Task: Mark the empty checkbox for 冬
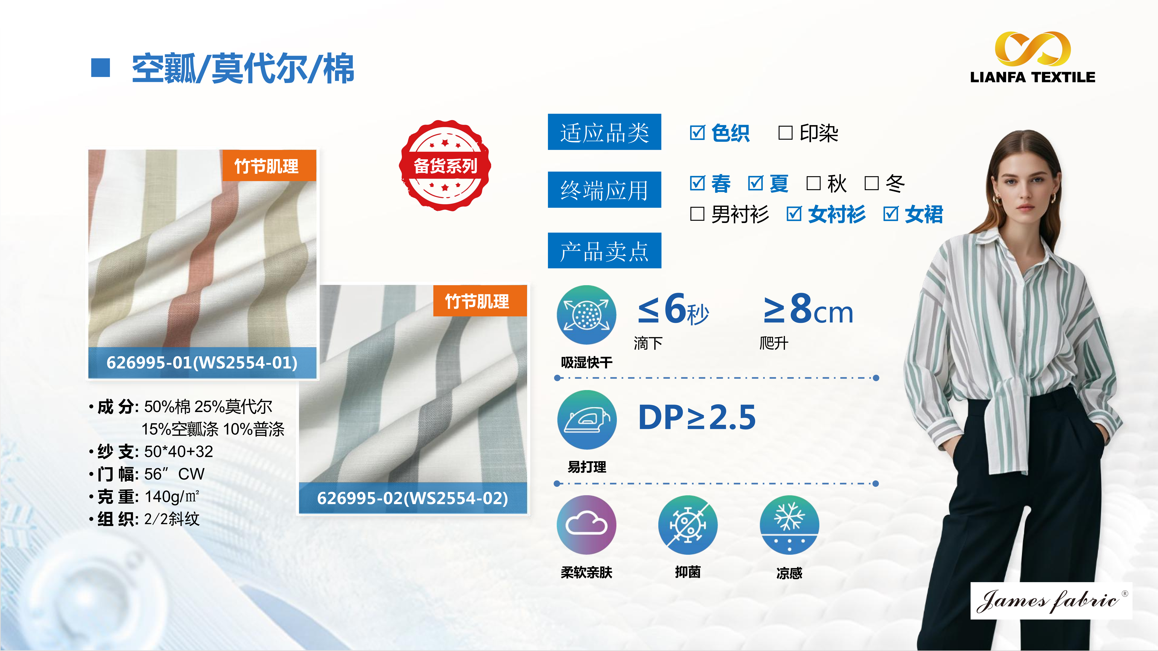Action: tap(872, 183)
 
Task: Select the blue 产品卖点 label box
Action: tap(604, 250)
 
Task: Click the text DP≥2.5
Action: tap(697, 417)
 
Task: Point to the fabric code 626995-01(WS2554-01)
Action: tap(202, 362)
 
